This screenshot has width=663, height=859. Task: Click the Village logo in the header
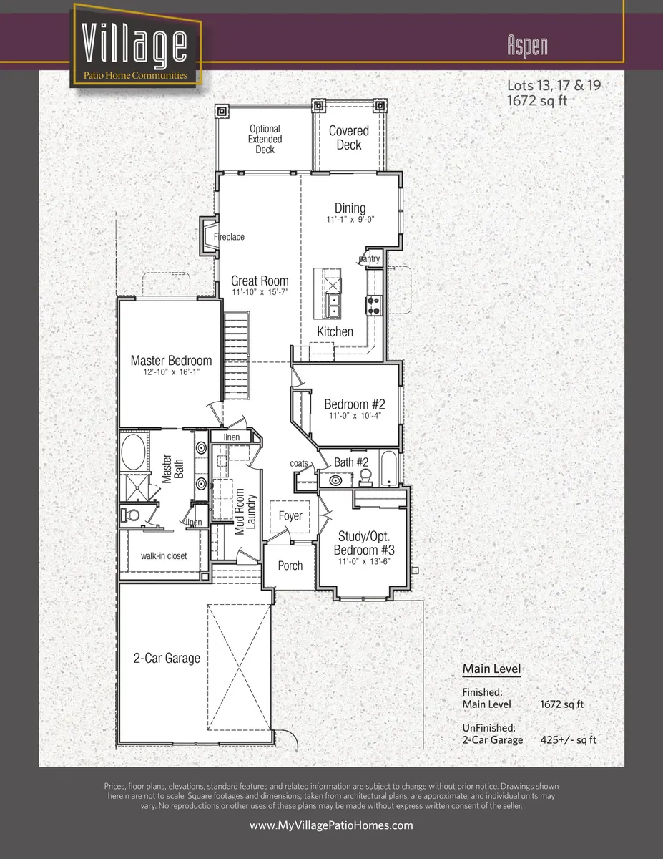tap(135, 47)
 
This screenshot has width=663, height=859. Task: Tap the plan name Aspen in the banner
tap(527, 46)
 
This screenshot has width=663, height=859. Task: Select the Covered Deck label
tap(349, 137)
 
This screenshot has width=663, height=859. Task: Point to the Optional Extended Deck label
tap(265, 140)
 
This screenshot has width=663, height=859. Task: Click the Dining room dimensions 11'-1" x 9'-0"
tap(350, 221)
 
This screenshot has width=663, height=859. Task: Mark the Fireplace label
tap(229, 237)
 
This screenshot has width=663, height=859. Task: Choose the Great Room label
tap(260, 281)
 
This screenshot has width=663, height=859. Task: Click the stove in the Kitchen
tap(373, 306)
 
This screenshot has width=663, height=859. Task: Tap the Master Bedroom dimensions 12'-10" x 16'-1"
tap(171, 373)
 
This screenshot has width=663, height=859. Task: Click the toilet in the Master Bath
tap(132, 514)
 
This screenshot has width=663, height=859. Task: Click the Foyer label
tap(290, 516)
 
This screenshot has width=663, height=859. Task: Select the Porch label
tap(290, 566)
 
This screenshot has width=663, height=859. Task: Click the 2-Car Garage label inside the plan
tap(167, 658)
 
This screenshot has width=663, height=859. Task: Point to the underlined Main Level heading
tap(491, 669)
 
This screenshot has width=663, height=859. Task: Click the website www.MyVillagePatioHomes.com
tap(331, 825)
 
